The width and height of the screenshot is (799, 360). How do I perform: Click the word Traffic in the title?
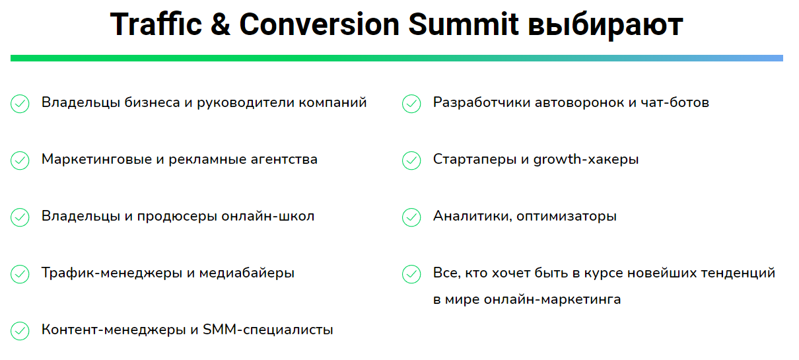coord(156,24)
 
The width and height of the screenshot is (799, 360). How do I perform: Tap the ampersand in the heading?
coord(221,24)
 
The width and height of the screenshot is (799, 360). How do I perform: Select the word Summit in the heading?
coord(463,24)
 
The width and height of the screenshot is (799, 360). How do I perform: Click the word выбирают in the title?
coord(606,26)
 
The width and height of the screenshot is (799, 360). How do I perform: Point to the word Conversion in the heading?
coord(319,24)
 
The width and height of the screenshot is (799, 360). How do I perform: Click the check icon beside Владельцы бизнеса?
coord(20,104)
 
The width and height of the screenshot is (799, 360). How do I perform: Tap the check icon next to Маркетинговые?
coord(20,161)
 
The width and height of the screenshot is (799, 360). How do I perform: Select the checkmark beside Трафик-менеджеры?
coord(20,274)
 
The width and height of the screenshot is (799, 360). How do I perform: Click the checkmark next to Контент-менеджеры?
coord(20,331)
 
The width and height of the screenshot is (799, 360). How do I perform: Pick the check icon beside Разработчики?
coord(411,104)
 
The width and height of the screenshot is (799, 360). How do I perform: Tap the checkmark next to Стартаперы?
coord(411,161)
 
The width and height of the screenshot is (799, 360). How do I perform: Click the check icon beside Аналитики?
coord(411,217)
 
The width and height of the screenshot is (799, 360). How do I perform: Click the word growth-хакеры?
coord(586,159)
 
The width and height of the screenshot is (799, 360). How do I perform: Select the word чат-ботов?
coord(675,102)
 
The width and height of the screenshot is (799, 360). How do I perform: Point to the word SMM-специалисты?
coord(268,330)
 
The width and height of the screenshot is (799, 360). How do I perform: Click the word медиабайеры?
coord(247,273)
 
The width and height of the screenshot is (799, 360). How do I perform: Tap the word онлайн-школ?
coord(268,216)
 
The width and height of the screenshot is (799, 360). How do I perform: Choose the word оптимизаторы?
coord(567,217)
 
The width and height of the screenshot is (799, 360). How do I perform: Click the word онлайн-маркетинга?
coord(552,299)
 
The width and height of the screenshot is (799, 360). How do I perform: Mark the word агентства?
coord(284,159)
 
